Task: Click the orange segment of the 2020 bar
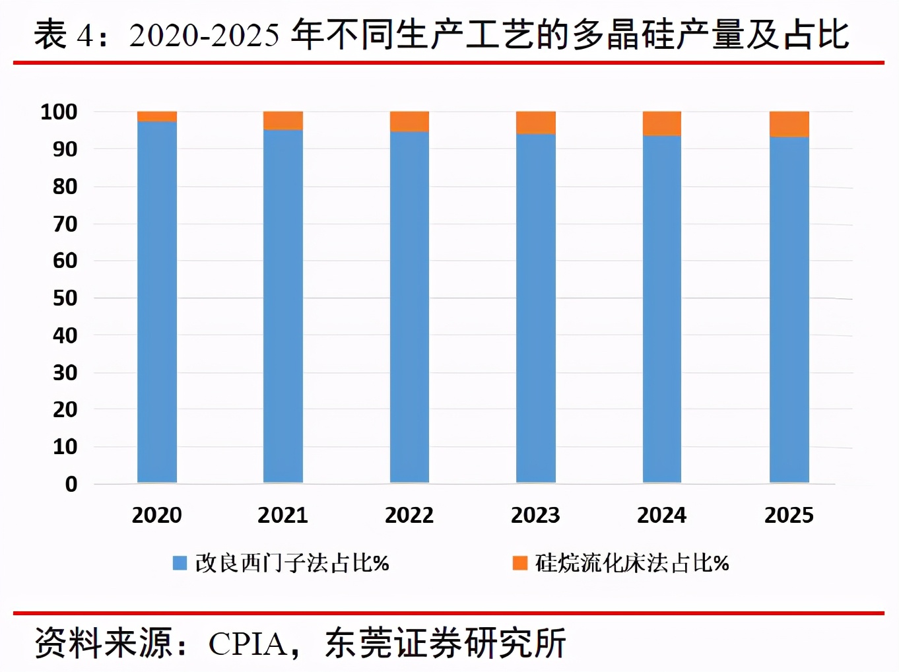click(157, 116)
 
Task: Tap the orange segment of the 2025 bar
click(789, 124)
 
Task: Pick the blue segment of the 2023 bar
click(535, 308)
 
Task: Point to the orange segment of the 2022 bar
click(409, 121)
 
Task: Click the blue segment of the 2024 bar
click(662, 309)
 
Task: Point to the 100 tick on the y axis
click(59, 112)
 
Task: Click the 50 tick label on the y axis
click(65, 298)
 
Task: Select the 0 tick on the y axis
click(71, 484)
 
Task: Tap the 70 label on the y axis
click(65, 224)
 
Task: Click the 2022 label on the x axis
click(409, 515)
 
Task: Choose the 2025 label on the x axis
click(789, 515)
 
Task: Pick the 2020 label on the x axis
click(157, 515)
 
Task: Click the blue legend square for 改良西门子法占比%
click(180, 563)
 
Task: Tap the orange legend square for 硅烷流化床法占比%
click(520, 563)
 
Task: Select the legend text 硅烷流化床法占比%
click(632, 563)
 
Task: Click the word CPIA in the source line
click(248, 644)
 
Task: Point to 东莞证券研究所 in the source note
click(446, 644)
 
